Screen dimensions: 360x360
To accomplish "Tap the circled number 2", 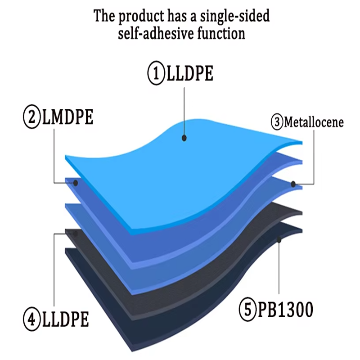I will pyautogui.click(x=32, y=119).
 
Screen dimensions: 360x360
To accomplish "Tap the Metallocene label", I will pyautogui.click(x=314, y=122).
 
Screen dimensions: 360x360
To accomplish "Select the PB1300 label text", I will pyautogui.click(x=285, y=310).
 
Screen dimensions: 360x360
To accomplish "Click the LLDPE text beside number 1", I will pyautogui.click(x=189, y=73).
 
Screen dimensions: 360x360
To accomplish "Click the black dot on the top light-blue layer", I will pyautogui.click(x=184, y=138).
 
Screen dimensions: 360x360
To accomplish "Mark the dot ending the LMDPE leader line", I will pyautogui.click(x=76, y=183).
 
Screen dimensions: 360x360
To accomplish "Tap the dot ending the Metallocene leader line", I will pyautogui.click(x=293, y=184).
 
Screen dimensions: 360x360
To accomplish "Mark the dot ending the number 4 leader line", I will pyautogui.click(x=75, y=234).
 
